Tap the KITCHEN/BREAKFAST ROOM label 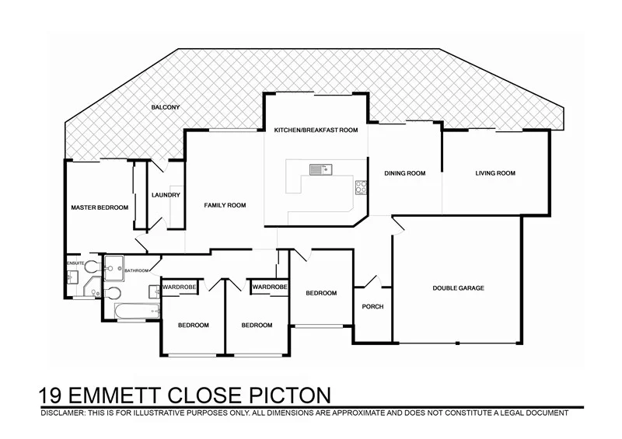pyautogui.click(x=316, y=131)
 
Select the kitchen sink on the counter pyautogui.click(x=320, y=169)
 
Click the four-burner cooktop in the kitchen pyautogui.click(x=361, y=186)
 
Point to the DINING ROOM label pyautogui.click(x=405, y=173)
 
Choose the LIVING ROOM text pyautogui.click(x=495, y=173)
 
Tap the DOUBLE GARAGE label pyautogui.click(x=458, y=288)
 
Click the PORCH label pyautogui.click(x=373, y=306)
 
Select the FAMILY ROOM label pyautogui.click(x=225, y=205)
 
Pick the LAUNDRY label pyautogui.click(x=166, y=195)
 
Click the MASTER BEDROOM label pyautogui.click(x=100, y=207)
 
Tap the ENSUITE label pyautogui.click(x=75, y=264)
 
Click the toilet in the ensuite pyautogui.click(x=91, y=267)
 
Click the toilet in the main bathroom pyautogui.click(x=112, y=294)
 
